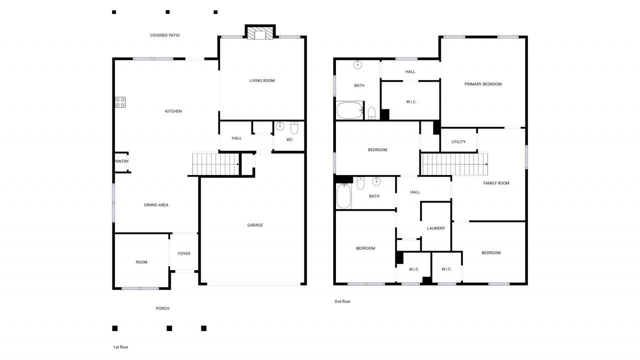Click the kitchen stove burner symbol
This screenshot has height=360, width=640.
point(120,102)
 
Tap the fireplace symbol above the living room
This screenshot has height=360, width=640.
point(260,33)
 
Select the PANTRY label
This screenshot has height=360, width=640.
point(121,161)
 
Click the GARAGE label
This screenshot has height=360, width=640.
point(255,225)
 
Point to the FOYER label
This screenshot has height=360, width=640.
point(184,253)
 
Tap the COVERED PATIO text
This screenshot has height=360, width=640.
point(164,35)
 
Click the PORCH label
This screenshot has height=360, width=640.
point(162,308)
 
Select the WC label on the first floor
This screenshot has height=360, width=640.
point(289,139)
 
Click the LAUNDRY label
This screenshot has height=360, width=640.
point(436,228)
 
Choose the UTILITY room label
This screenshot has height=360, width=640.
point(458,141)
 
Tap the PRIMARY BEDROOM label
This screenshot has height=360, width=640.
point(482,84)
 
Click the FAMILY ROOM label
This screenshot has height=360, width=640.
point(496,183)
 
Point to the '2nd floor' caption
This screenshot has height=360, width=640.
point(342,301)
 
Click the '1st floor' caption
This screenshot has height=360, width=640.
point(120,347)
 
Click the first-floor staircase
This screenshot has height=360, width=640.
point(215,164)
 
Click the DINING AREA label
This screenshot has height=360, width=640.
point(156,205)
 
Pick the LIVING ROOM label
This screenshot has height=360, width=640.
point(262,80)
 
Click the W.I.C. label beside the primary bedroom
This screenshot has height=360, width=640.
point(411,102)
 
